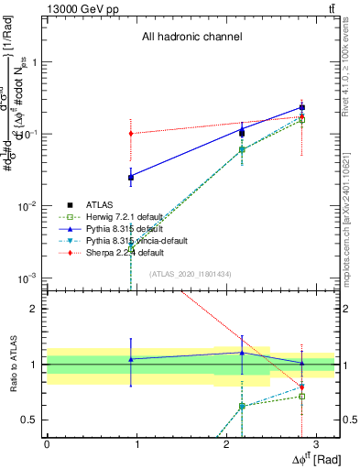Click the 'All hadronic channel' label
pos(191,38)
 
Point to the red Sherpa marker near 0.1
pos(131,134)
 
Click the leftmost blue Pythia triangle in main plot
pos(131,177)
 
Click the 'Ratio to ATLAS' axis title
pos(12,365)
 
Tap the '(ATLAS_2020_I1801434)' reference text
pos(191,274)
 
